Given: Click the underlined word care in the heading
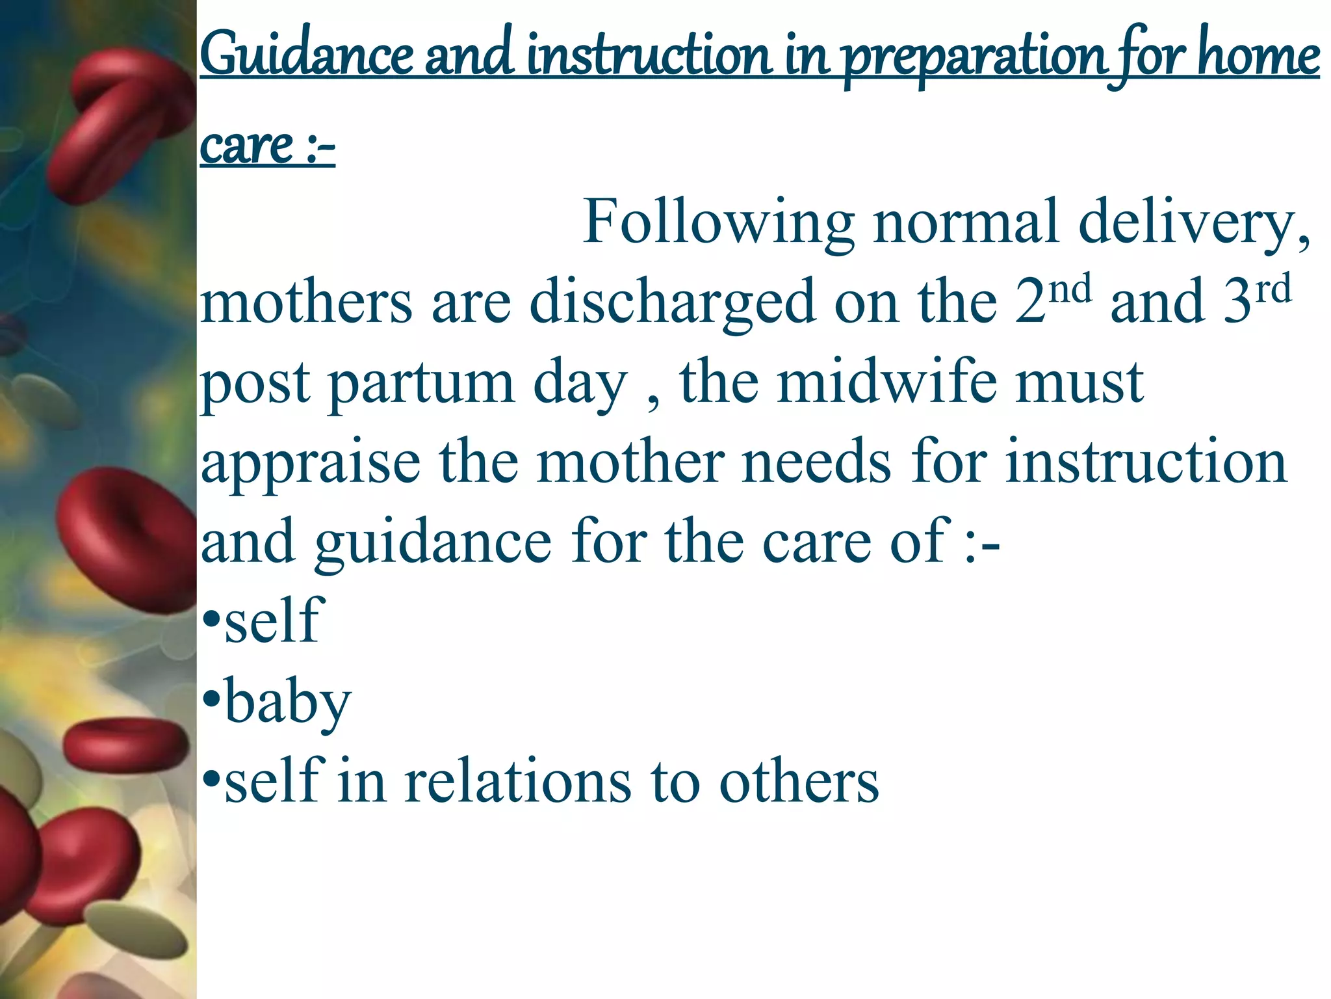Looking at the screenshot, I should click(247, 146).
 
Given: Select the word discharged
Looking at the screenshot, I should click(672, 302).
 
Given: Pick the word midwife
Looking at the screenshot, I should click(887, 382).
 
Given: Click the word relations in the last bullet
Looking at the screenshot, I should click(517, 781).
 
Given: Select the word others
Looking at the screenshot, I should click(799, 781).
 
